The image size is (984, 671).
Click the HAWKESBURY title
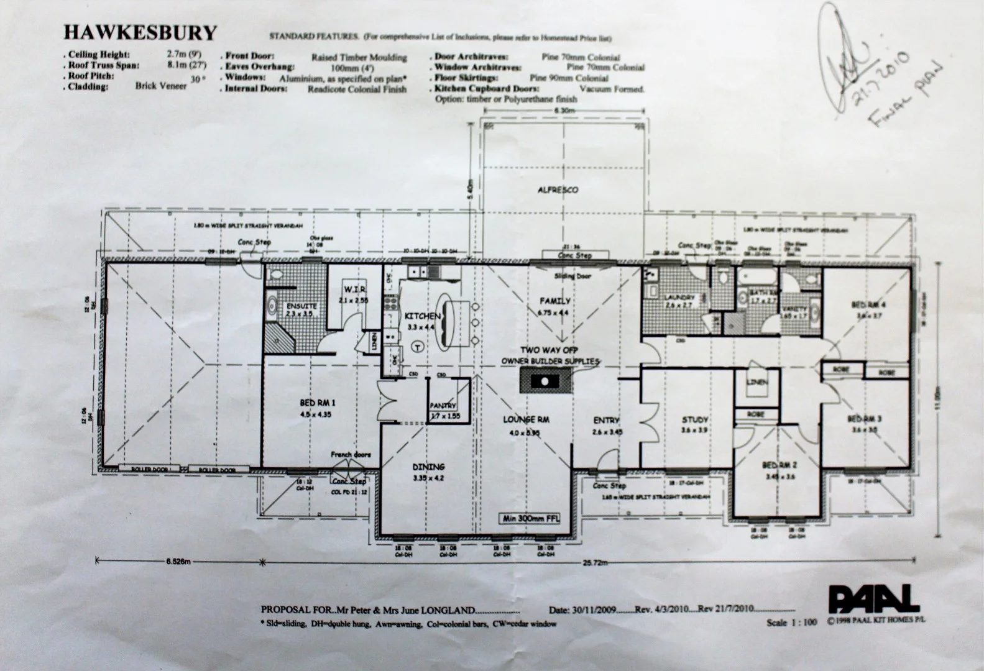coord(140,32)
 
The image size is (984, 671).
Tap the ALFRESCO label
coord(558,190)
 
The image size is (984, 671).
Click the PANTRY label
coord(443,406)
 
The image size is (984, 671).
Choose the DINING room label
coord(429,467)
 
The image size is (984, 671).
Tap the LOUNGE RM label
coord(525,420)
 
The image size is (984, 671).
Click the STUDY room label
coord(695,419)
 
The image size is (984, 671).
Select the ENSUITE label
coord(301,306)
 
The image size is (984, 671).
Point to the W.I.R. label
coord(355,290)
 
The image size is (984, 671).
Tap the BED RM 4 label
coord(868,304)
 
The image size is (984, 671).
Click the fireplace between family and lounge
coord(544,380)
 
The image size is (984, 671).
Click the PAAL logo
coord(873,599)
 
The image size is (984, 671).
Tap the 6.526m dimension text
coord(179,562)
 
